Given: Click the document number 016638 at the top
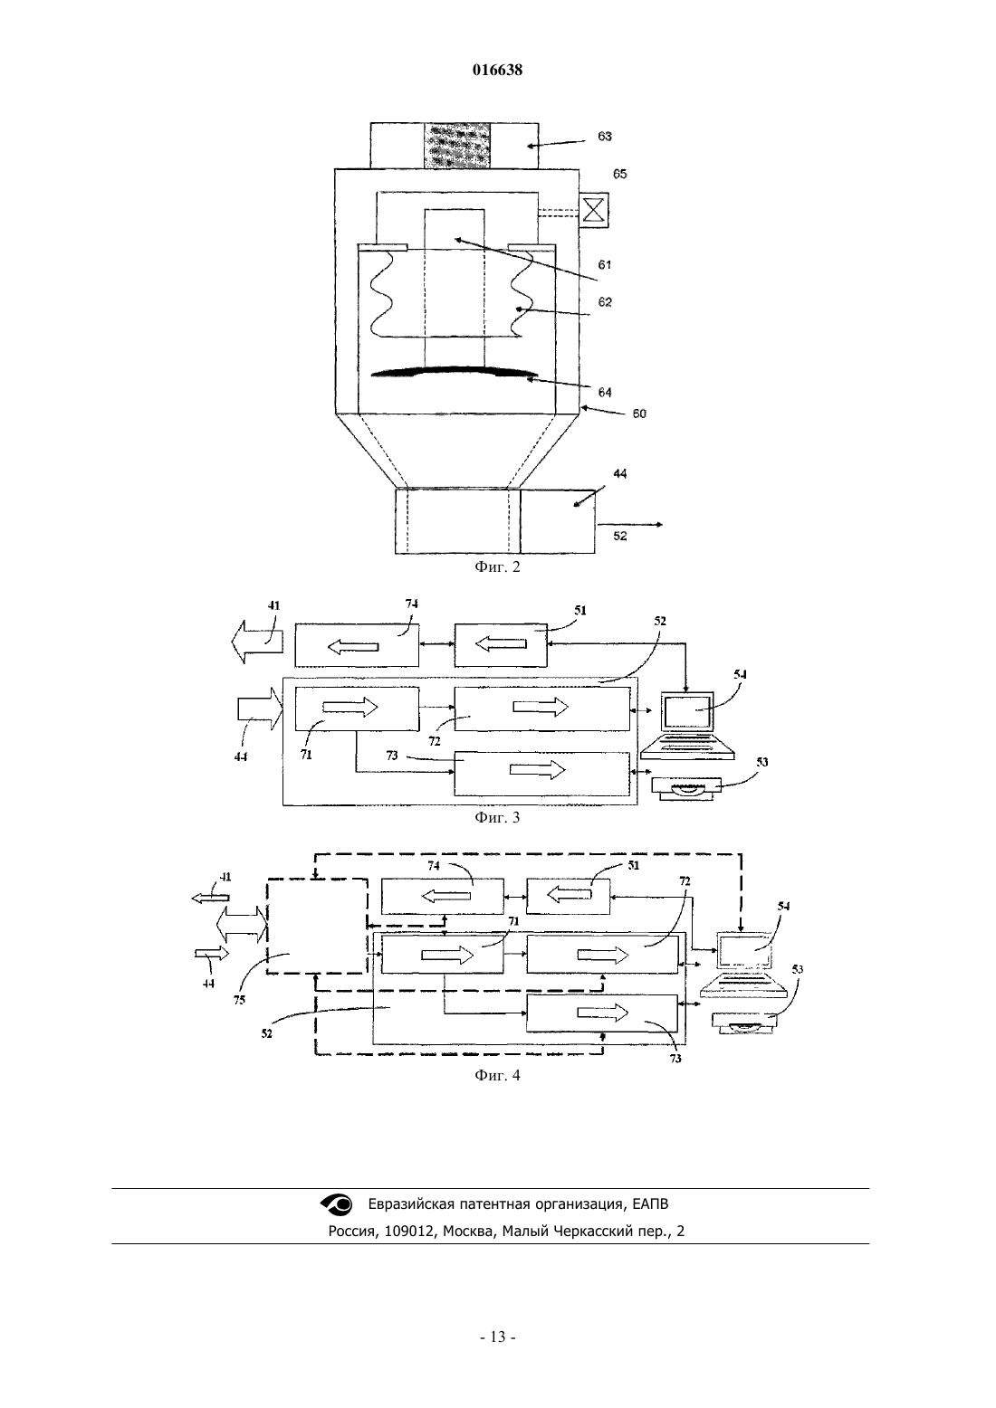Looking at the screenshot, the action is tap(497, 70).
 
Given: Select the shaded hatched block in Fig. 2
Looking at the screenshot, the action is tap(457, 146).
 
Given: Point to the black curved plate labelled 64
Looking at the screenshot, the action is tap(455, 373).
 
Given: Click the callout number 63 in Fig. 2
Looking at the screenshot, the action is tap(605, 137).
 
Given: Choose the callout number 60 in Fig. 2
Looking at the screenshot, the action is tap(639, 414).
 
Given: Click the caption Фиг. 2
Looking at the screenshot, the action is tap(497, 567).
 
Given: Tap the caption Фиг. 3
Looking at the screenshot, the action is tap(497, 817).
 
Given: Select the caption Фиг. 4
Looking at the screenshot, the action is tap(497, 1075).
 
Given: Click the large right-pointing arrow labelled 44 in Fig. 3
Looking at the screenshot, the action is tap(260, 709).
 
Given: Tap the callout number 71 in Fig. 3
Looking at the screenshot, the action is tap(306, 755).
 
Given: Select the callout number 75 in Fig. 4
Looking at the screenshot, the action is tap(240, 1000).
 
